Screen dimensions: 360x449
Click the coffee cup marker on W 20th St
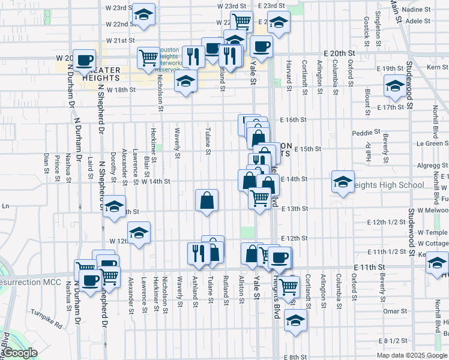85,60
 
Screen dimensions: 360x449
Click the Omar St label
395,311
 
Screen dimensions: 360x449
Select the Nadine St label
418,10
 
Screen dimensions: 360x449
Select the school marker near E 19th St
394,87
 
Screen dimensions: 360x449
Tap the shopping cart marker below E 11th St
289,287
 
